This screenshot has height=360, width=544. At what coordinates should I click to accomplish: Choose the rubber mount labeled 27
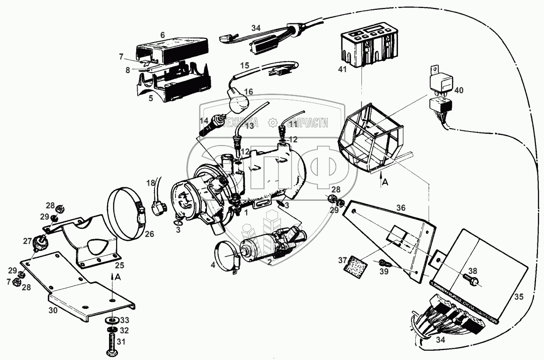click(41, 242)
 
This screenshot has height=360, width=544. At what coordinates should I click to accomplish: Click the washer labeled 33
click(111, 320)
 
